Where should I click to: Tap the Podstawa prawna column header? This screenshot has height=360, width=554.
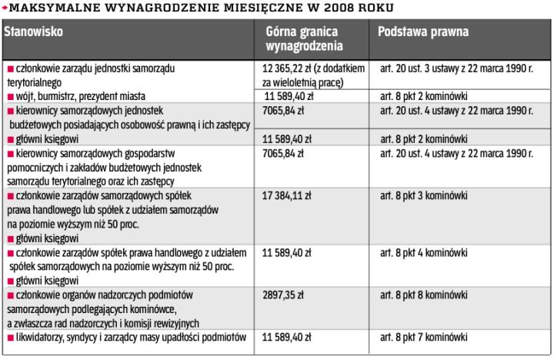coord(423,32)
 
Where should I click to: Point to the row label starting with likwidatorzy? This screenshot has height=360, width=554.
coord(131,337)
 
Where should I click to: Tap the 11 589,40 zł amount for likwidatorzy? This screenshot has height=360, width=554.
coord(286,337)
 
